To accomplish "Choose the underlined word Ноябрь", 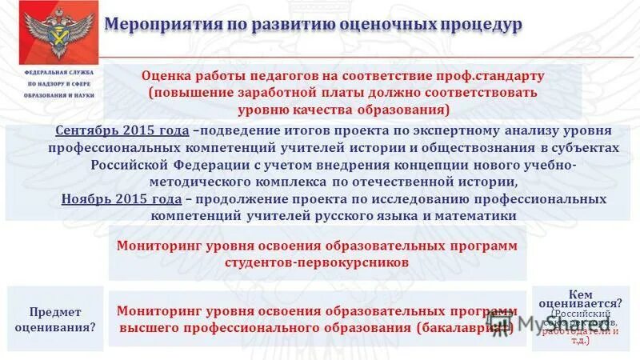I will coord(85,198).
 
